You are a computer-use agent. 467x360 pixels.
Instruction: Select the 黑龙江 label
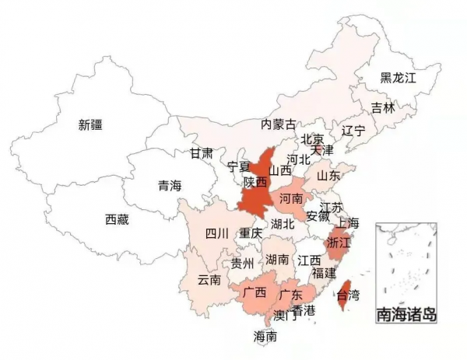click(399, 78)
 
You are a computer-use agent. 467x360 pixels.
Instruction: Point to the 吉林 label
click(382, 107)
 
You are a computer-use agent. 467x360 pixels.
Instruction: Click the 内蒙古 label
click(278, 124)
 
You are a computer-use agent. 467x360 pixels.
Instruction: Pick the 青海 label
click(169, 185)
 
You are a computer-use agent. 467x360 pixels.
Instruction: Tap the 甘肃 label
click(201, 153)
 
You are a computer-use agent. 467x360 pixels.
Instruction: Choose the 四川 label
click(216, 233)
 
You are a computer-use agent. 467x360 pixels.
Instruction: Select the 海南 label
click(265, 337)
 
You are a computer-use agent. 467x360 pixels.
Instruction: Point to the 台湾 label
click(348, 295)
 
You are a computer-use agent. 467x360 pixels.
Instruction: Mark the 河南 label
click(290, 200)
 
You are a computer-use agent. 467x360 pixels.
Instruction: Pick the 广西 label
click(254, 293)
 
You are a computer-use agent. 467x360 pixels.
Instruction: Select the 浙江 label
click(340, 243)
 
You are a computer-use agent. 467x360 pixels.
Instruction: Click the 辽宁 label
click(353, 131)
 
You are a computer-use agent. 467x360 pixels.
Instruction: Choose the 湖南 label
click(277, 259)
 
